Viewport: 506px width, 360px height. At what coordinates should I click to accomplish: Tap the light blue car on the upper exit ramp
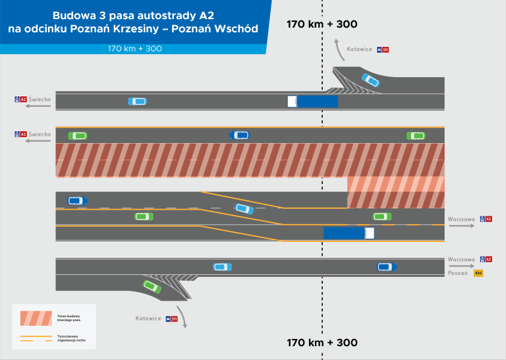[x=370, y=80]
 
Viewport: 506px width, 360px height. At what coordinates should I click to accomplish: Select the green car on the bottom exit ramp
[x=152, y=286]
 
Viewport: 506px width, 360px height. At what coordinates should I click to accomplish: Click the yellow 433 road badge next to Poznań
[x=478, y=274]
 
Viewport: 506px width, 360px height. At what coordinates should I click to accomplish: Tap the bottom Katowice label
[x=148, y=318]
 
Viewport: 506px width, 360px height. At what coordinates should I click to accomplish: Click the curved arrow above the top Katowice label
[x=335, y=47]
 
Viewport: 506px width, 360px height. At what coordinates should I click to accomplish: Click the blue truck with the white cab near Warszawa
[x=349, y=233]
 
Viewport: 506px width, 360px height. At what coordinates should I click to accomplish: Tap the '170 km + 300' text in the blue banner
[x=135, y=49]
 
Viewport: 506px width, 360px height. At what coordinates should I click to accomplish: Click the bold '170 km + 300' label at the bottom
[x=322, y=343]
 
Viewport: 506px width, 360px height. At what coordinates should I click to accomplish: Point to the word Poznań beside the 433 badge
[x=457, y=274]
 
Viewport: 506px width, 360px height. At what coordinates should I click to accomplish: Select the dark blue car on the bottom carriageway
[x=387, y=267]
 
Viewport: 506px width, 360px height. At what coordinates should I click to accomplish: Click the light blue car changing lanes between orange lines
[x=243, y=208]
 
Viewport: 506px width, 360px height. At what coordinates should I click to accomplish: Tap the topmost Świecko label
[x=40, y=99]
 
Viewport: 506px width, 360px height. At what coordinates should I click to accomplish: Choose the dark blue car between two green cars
[x=239, y=135]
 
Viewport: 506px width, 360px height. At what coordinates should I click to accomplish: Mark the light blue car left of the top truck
[x=138, y=101]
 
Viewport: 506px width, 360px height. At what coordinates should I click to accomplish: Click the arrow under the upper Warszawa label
[x=462, y=226]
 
